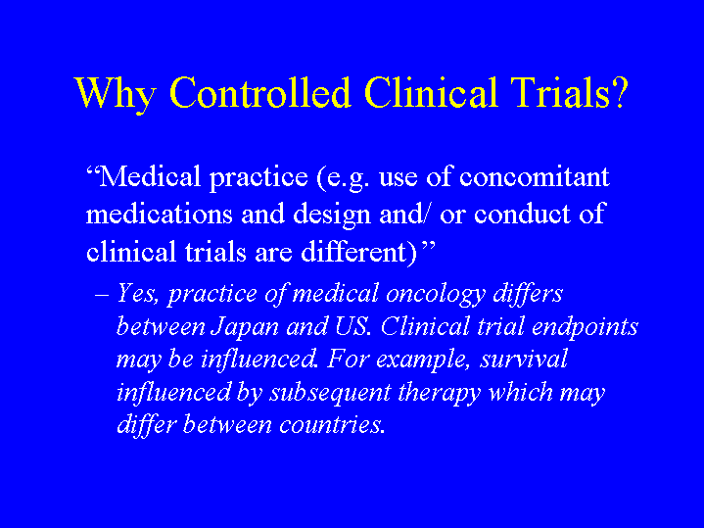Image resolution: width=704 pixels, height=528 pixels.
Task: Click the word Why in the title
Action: (x=116, y=94)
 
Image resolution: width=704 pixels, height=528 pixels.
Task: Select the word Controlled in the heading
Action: (x=259, y=92)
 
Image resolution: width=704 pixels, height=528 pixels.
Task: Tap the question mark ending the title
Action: (x=619, y=92)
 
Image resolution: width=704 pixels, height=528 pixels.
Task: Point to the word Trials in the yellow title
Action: (x=560, y=92)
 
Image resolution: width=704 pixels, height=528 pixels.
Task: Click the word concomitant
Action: (x=535, y=176)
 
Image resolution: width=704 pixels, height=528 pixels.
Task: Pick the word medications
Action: (x=160, y=214)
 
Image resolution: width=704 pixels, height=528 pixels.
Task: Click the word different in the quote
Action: (x=353, y=251)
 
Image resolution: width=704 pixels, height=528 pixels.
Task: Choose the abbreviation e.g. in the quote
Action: (x=349, y=178)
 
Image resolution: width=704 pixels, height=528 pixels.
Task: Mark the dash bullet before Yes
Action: (x=102, y=295)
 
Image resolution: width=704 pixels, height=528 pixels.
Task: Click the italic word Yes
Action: (x=138, y=294)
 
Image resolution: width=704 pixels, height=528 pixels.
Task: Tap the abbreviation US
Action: (x=353, y=326)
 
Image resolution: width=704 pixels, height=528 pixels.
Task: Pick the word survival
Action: (x=524, y=360)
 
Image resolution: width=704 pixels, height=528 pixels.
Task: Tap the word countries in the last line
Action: (x=332, y=425)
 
